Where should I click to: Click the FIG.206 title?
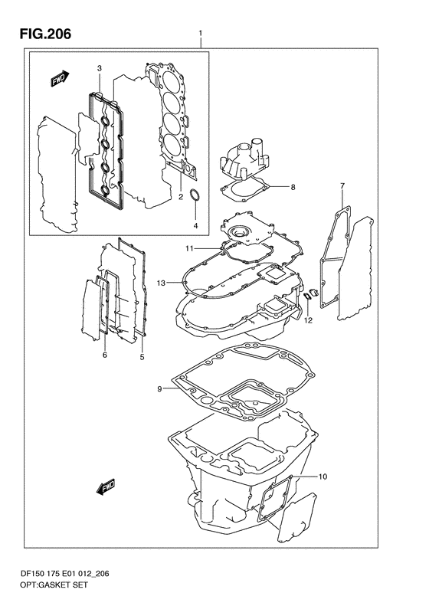[x=46, y=34]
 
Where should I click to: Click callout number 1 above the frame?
[x=201, y=34]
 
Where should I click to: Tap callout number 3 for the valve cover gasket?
[x=100, y=68]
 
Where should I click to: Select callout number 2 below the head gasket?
[x=181, y=197]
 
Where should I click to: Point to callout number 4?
[x=195, y=225]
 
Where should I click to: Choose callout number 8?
[x=293, y=188]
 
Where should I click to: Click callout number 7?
[x=342, y=186]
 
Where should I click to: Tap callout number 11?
[x=189, y=248]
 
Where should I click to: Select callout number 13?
[x=161, y=283]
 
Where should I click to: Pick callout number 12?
[x=308, y=320]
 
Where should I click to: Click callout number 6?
[x=105, y=355]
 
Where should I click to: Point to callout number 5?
[x=142, y=357]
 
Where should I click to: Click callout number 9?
[x=159, y=388]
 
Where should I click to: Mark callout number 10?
[x=323, y=477]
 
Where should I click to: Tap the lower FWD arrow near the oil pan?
[x=106, y=487]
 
